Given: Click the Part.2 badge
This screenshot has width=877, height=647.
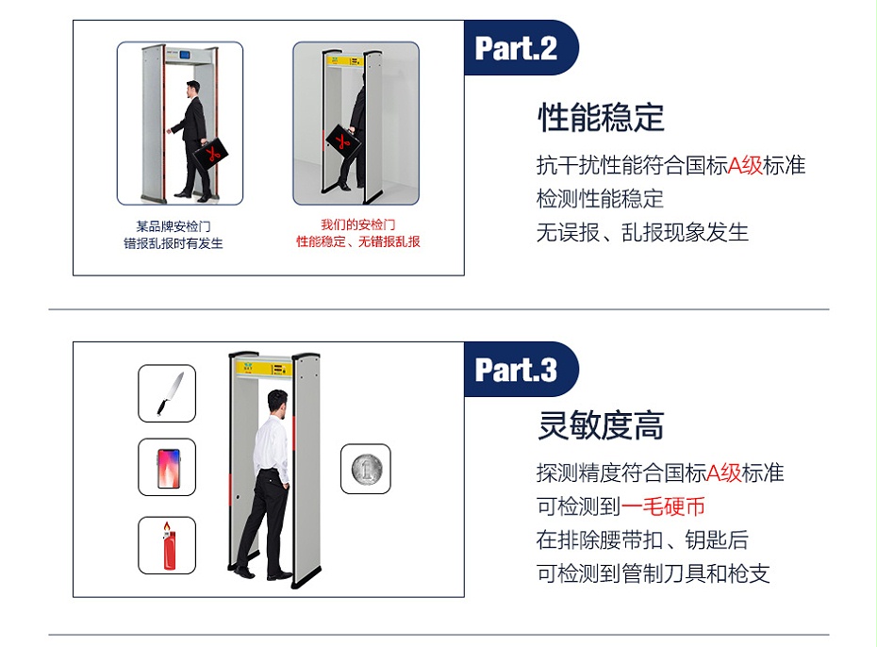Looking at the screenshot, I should pyautogui.click(x=518, y=48).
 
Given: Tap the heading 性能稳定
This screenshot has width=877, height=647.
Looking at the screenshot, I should pyautogui.click(x=601, y=118).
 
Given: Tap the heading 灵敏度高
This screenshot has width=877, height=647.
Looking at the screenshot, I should pyautogui.click(x=601, y=426).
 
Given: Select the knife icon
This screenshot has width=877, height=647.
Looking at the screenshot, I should pyautogui.click(x=167, y=393).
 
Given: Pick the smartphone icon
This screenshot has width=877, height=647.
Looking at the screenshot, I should pyautogui.click(x=167, y=467).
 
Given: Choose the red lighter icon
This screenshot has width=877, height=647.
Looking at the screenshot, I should pyautogui.click(x=167, y=545).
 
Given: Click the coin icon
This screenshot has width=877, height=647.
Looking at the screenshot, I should pyautogui.click(x=365, y=469).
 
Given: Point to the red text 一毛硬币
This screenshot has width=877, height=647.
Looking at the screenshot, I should pyautogui.click(x=663, y=506).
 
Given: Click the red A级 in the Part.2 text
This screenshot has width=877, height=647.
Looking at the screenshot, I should pyautogui.click(x=744, y=165).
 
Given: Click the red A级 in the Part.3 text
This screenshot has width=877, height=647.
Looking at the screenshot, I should pyautogui.click(x=723, y=473).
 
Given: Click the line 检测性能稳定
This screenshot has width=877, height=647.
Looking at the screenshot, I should pyautogui.click(x=600, y=199).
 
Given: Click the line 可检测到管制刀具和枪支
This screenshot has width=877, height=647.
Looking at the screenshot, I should pyautogui.click(x=653, y=573).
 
